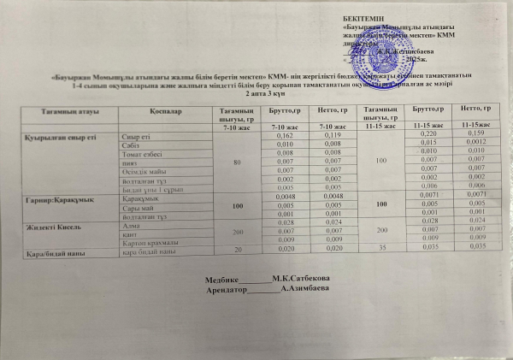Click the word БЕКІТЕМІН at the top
(363, 17)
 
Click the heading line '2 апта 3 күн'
(256, 92)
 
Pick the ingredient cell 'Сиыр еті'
(137, 137)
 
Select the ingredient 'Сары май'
(138, 207)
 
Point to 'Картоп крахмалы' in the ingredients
(152, 243)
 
